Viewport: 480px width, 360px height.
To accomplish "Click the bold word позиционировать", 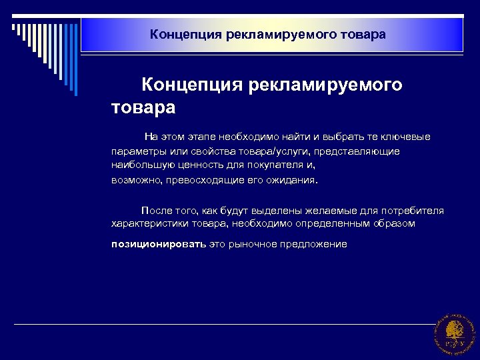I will (159, 245).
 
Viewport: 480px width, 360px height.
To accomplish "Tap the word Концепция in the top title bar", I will (177, 33).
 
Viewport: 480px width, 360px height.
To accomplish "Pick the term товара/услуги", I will (276, 151).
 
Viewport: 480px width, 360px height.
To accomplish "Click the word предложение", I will (313, 245).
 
